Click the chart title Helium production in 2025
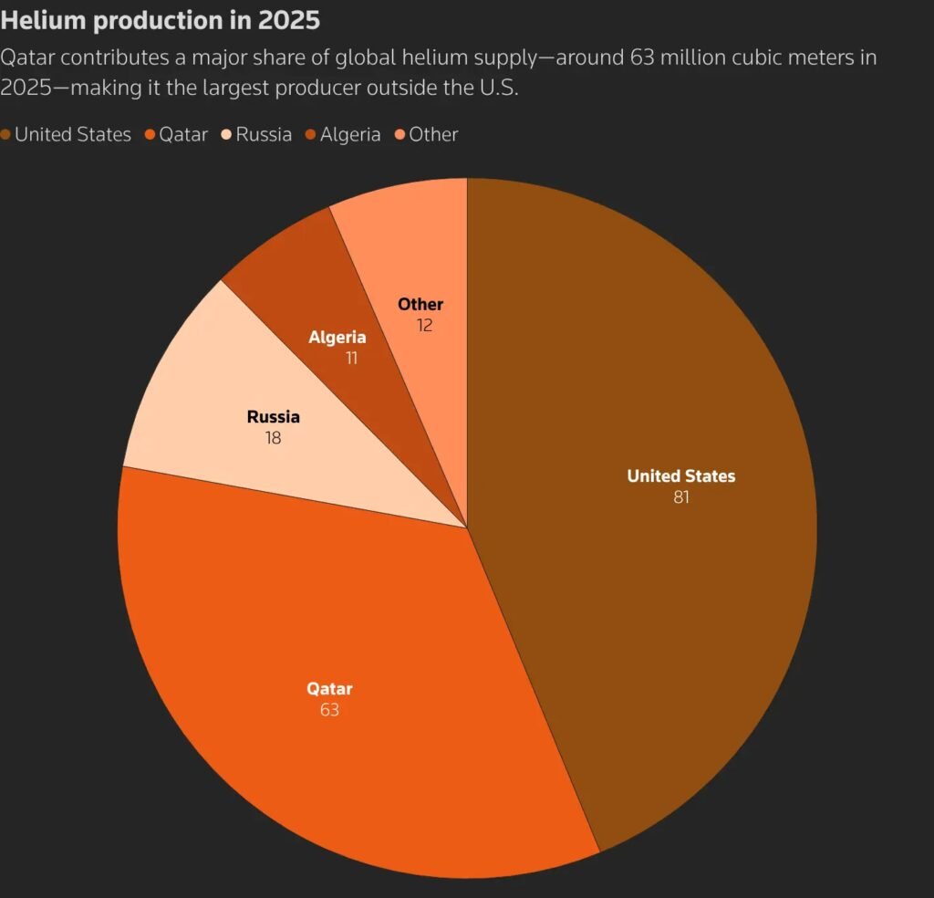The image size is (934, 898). (x=161, y=19)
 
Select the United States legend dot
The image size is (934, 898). (x=6, y=135)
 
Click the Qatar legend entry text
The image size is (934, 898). (x=183, y=135)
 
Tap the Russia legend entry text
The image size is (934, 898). (x=264, y=135)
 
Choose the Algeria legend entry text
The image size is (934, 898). (x=350, y=135)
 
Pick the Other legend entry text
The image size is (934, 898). (x=433, y=135)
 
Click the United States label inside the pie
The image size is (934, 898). (x=680, y=475)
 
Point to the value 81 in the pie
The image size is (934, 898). (x=680, y=497)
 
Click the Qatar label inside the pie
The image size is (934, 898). (x=329, y=689)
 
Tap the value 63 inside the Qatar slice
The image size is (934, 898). (x=329, y=710)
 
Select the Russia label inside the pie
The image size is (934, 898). (x=273, y=417)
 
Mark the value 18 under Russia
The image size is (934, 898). (x=273, y=438)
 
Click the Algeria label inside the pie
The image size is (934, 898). (x=337, y=338)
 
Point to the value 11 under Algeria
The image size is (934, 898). (x=351, y=359)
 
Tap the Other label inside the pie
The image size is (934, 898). (x=420, y=304)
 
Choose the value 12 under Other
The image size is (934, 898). (x=424, y=325)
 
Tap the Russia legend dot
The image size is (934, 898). (x=227, y=135)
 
